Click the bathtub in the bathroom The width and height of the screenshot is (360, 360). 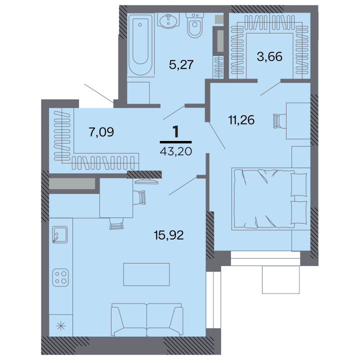(140, 45)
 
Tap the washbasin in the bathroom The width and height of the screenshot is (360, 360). (168, 20)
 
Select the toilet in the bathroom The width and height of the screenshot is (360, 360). (194, 25)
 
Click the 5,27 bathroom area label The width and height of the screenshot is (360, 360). (181, 64)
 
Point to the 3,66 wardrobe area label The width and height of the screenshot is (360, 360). (269, 56)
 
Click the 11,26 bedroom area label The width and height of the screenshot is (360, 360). (241, 120)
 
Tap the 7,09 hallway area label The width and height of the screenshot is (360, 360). (101, 132)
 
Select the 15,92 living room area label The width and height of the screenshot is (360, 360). (169, 235)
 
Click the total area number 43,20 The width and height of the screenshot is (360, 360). (176, 151)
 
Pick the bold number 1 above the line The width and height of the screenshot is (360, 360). (175, 132)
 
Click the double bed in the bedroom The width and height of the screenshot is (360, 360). (271, 199)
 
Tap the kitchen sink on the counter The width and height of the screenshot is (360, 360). (60, 234)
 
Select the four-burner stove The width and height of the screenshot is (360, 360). (60, 277)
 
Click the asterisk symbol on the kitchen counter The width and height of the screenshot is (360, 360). (61, 326)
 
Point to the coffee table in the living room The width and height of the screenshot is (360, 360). (146, 274)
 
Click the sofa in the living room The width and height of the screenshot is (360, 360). (147, 320)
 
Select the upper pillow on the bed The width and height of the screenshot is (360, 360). (298, 185)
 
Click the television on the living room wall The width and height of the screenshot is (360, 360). (146, 181)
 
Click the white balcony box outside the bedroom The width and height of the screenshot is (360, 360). (281, 279)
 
